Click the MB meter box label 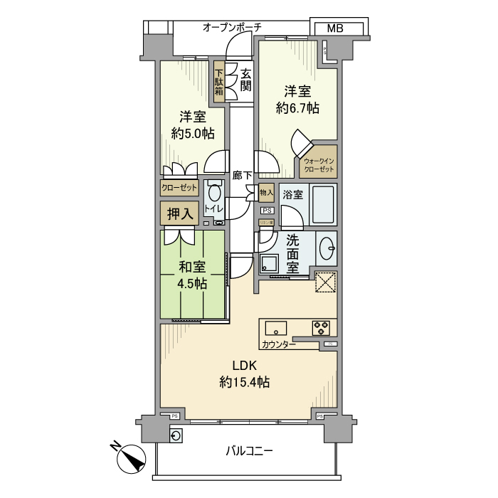click(335, 28)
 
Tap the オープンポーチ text click(232, 27)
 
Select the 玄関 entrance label click(245, 80)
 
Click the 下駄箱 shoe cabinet click(220, 81)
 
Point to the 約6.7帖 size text click(297, 108)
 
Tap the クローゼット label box click(179, 189)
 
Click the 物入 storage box click(266, 193)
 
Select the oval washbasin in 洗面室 click(327, 249)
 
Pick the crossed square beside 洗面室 click(325, 282)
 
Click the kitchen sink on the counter click(276, 327)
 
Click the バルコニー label click(249, 451)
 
